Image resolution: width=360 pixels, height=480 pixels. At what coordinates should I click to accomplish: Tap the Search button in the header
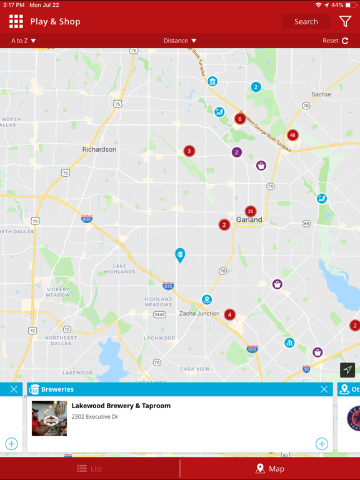(306, 21)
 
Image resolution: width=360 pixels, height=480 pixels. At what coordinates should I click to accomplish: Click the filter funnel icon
(345, 21)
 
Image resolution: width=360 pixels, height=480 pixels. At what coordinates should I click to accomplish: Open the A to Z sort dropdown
(24, 41)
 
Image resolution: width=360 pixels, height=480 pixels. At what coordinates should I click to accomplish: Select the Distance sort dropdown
(180, 41)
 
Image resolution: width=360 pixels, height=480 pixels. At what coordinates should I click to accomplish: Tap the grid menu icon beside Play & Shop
(16, 21)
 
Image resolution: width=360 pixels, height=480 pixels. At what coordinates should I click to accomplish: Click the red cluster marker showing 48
(292, 135)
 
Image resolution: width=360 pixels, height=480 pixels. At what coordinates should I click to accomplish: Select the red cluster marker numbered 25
(251, 211)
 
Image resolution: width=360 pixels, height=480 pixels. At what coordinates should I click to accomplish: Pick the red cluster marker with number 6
(239, 119)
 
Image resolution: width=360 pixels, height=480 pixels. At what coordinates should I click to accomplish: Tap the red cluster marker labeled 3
(189, 151)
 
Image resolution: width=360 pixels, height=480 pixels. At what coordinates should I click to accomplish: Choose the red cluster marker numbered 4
(230, 314)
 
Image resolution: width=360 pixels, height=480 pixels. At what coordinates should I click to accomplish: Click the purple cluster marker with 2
(236, 152)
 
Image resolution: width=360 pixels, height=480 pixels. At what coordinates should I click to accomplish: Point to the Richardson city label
(99, 149)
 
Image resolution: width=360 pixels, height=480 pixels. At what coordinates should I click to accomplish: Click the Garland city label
(249, 220)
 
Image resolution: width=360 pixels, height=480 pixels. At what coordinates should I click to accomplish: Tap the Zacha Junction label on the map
(199, 313)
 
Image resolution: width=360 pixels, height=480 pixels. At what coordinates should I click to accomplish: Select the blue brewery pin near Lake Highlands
(180, 255)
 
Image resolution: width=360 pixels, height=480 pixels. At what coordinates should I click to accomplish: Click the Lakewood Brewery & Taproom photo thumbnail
(49, 418)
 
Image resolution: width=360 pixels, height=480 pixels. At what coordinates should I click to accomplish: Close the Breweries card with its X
(324, 389)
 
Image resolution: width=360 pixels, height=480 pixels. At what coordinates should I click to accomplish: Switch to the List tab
(90, 469)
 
